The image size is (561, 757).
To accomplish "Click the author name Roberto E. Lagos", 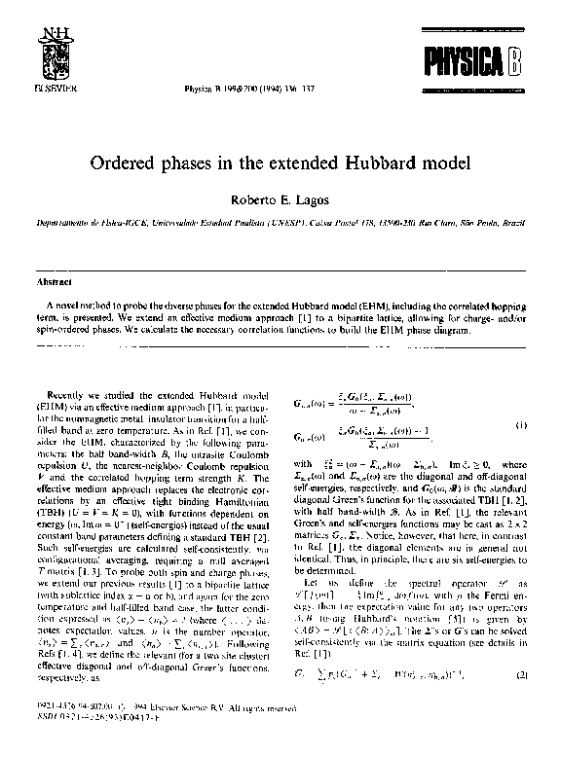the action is (x=280, y=198).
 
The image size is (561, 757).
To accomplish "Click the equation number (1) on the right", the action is (x=521, y=424).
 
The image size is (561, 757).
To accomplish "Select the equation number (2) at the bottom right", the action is (x=521, y=701).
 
